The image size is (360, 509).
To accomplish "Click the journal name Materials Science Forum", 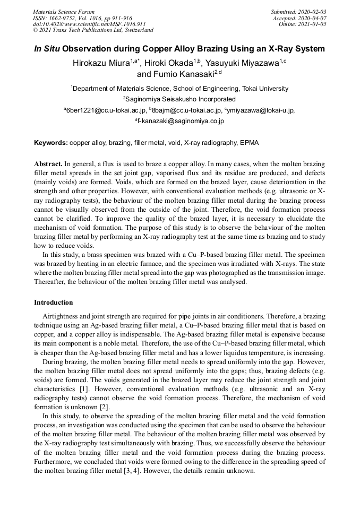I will [64, 12].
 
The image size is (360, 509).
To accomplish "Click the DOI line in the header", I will [89, 24].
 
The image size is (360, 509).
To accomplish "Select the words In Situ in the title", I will [47, 49].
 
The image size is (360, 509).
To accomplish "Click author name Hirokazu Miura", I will [101, 63].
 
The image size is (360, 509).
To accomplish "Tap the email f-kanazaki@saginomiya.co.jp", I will [181, 121].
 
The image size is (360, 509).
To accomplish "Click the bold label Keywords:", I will [51, 143].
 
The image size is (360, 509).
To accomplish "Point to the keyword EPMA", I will [249, 143].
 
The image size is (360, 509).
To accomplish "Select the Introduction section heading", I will [54, 303].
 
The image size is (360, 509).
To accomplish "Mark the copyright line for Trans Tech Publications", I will [93, 31].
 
